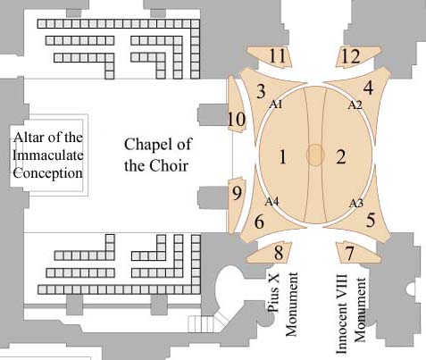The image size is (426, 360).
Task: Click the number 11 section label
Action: point(277,56)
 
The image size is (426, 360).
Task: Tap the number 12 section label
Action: point(350,56)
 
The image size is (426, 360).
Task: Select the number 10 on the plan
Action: point(237,120)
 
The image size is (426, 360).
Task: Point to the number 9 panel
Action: point(237,194)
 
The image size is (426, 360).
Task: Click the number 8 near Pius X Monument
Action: point(279,253)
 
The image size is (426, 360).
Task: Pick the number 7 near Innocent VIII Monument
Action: point(349,254)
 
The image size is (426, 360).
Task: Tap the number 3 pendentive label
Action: point(261,91)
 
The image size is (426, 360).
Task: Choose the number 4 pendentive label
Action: point(368,88)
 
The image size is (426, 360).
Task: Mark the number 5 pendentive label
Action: point(371,221)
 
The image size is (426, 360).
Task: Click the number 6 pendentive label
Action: point(259,222)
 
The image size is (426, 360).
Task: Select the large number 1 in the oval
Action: point(283,156)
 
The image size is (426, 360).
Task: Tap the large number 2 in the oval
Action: point(341,156)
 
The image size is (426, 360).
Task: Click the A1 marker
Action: point(276,105)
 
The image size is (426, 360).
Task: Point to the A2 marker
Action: point(355,105)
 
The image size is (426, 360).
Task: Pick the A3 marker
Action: point(356,204)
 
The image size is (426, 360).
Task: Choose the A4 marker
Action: point(271,202)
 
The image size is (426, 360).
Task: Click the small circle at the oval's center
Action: point(315,155)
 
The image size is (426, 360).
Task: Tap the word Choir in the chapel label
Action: point(169,165)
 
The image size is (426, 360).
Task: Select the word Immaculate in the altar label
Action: point(48,155)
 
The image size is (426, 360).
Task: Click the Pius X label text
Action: point(274,292)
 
